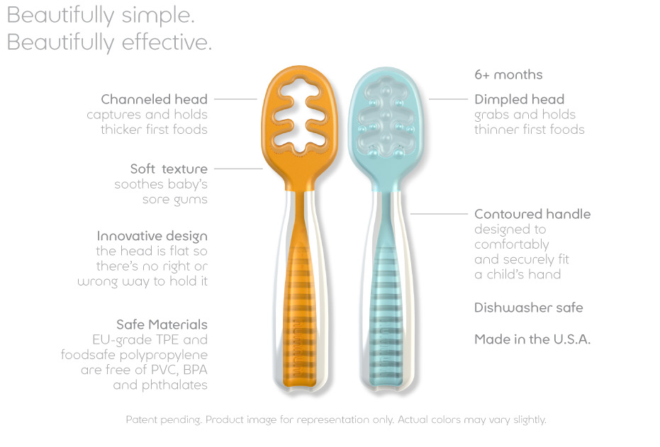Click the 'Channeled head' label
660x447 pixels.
[x=154, y=99]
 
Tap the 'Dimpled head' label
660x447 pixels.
[x=519, y=100]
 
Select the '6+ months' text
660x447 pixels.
[x=508, y=75]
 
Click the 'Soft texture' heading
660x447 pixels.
[x=169, y=169]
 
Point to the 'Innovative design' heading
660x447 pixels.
[x=152, y=237]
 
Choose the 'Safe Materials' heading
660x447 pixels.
[x=162, y=324]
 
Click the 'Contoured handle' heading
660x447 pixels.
[x=532, y=214]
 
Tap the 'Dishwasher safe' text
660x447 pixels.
[x=529, y=308]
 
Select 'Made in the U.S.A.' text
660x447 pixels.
[x=532, y=339]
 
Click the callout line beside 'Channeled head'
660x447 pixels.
[x=235, y=99]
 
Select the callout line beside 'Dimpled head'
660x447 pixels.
[x=448, y=99]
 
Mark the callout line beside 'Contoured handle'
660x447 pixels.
[x=439, y=214]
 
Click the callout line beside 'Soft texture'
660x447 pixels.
[x=239, y=169]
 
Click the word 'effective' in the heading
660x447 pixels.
[x=167, y=42]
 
